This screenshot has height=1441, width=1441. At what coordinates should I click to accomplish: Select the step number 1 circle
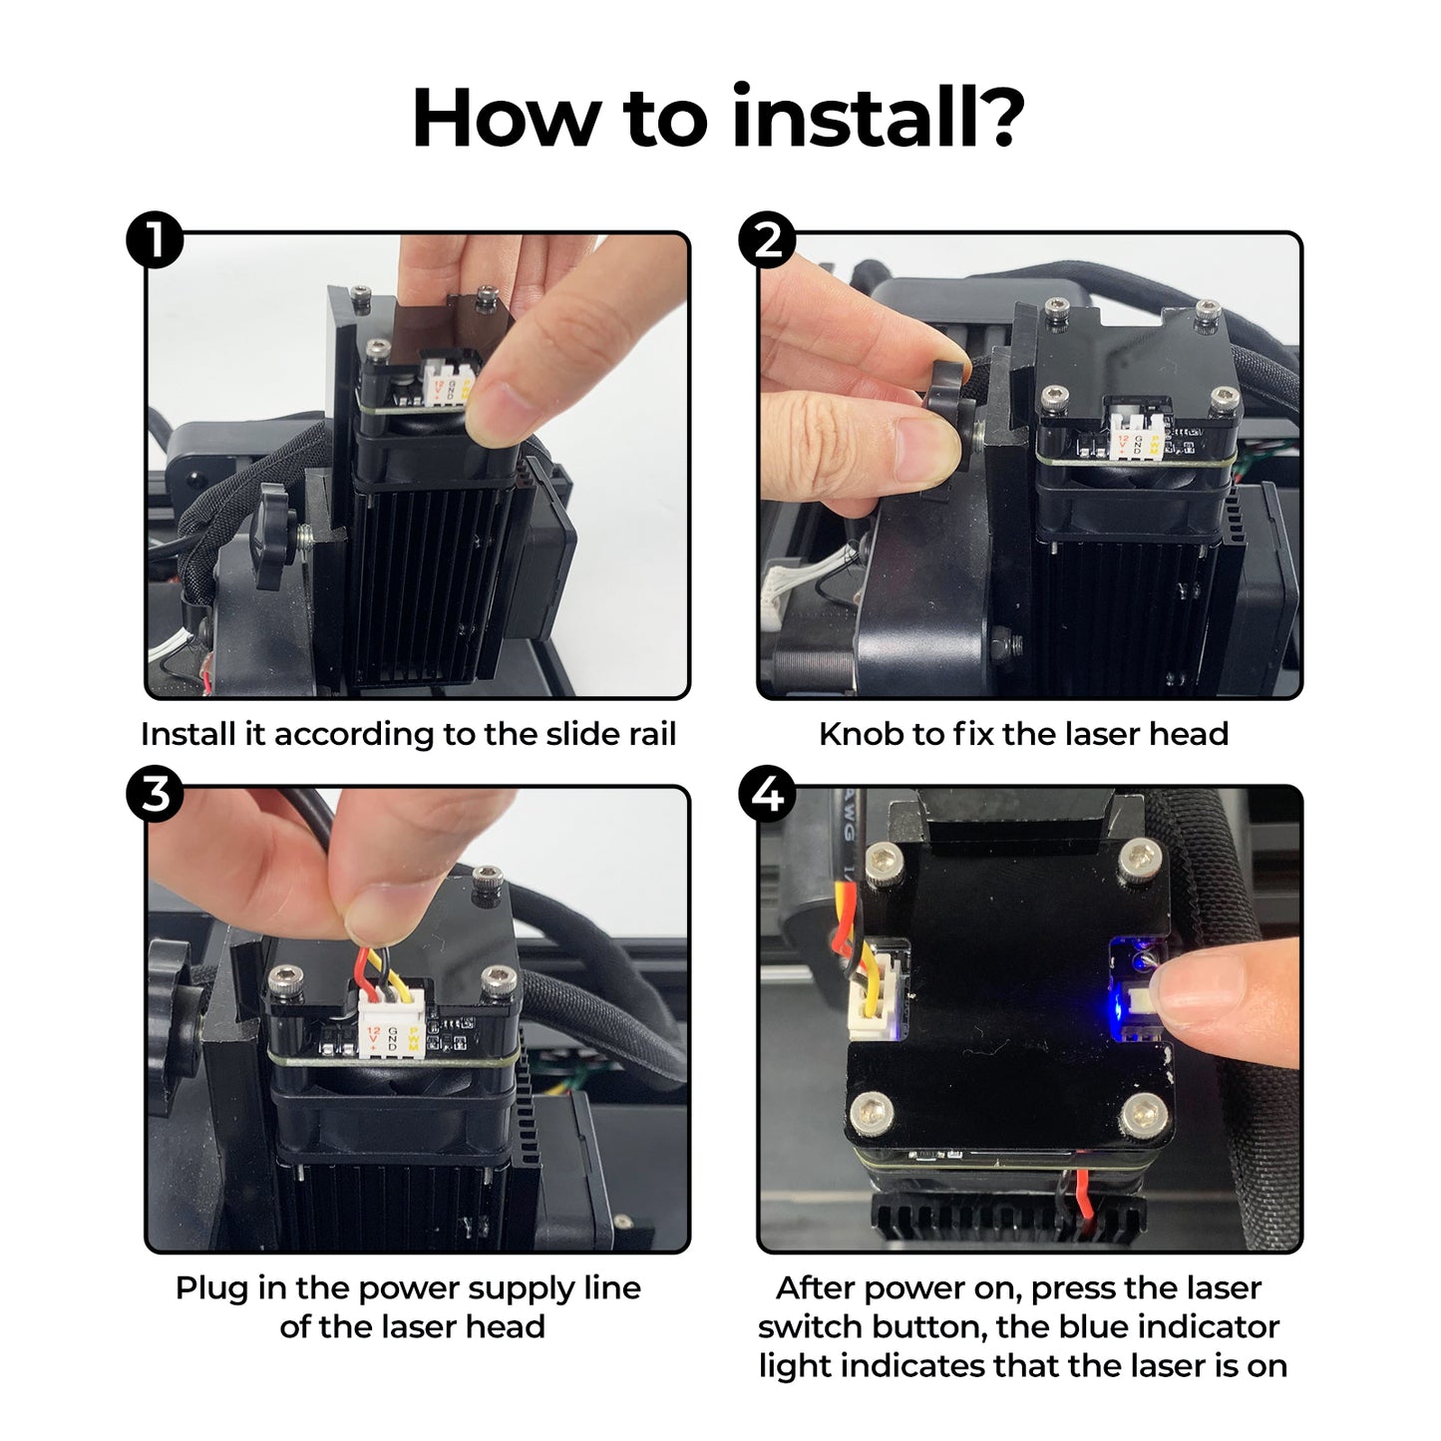click(x=155, y=240)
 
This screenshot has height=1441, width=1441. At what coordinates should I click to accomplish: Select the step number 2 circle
click(x=767, y=240)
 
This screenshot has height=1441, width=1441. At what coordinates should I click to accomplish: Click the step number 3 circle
click(x=155, y=794)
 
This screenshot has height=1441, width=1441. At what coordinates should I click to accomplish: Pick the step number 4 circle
click(x=767, y=794)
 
